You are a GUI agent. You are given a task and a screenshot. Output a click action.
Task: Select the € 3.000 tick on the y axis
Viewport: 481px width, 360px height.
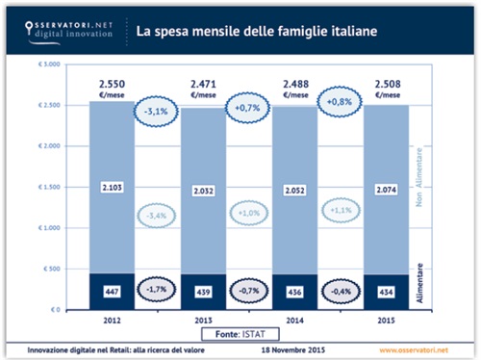pos(49,64)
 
